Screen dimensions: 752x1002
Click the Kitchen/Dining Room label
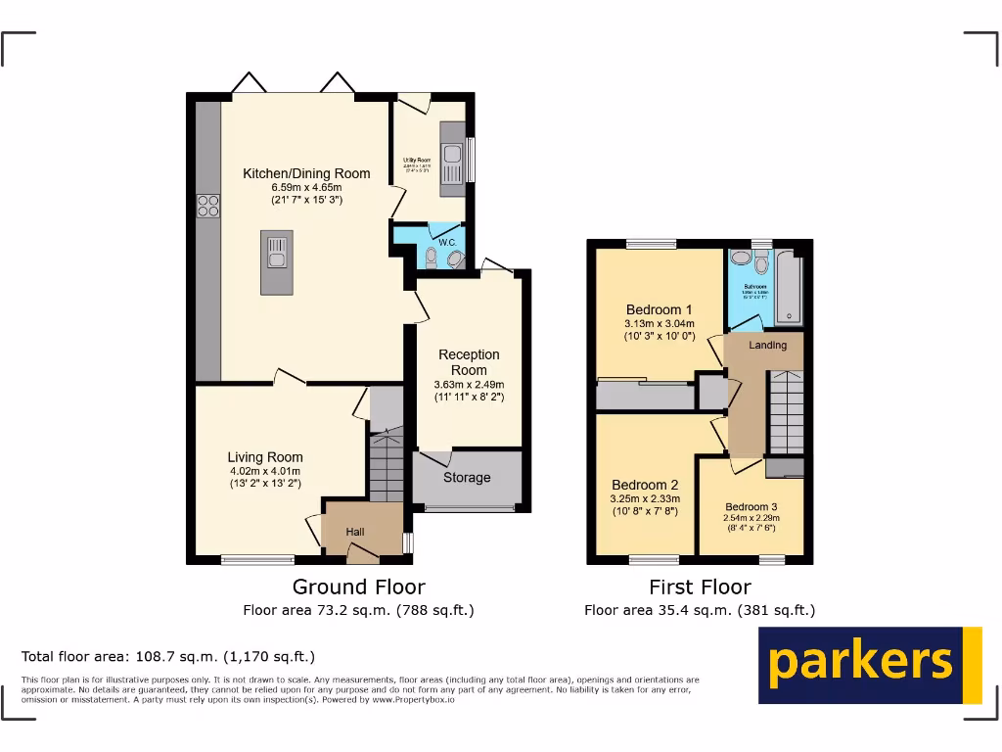306,174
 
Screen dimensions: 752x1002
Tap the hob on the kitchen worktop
207,206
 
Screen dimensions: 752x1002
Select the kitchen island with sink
276,261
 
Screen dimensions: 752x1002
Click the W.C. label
447,242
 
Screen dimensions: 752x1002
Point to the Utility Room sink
452,155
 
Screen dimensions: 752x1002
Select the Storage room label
467,478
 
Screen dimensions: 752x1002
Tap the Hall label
355,532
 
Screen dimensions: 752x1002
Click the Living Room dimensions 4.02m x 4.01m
265,471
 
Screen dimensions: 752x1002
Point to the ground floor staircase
387,465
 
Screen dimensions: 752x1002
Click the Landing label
768,346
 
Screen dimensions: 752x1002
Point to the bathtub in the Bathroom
788,289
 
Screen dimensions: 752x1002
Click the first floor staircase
786,411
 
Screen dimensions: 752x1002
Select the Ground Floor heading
359,587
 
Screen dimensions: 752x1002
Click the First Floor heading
700,587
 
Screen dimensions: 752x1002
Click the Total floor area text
168,656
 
